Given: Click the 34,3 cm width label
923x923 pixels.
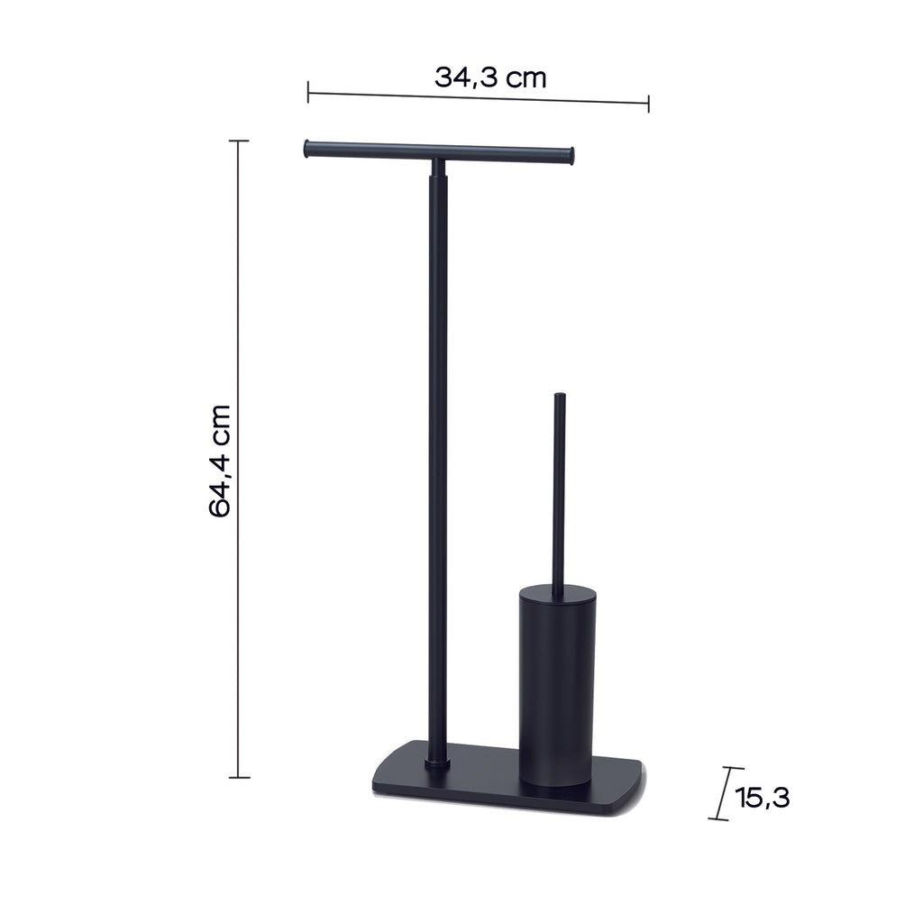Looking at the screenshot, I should (x=490, y=78).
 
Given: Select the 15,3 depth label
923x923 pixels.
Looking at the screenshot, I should (x=763, y=797).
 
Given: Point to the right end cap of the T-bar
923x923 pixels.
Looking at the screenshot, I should (x=570, y=159).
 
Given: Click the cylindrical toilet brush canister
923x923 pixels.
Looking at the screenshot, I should (x=556, y=685).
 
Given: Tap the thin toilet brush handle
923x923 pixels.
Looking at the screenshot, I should (x=559, y=496).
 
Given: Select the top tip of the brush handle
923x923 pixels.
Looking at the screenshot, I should (x=559, y=396).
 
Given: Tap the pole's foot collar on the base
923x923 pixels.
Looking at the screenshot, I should (x=438, y=764).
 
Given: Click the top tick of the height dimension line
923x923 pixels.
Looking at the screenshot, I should (x=239, y=142).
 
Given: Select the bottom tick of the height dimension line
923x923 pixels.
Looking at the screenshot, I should (x=239, y=776).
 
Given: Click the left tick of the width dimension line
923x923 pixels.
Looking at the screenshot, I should (x=308, y=91).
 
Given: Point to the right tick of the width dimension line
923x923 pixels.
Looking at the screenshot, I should (x=648, y=104).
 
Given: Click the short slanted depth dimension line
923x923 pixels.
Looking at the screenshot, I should (x=722, y=793).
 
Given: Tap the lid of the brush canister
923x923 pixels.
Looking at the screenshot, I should (x=557, y=593).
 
